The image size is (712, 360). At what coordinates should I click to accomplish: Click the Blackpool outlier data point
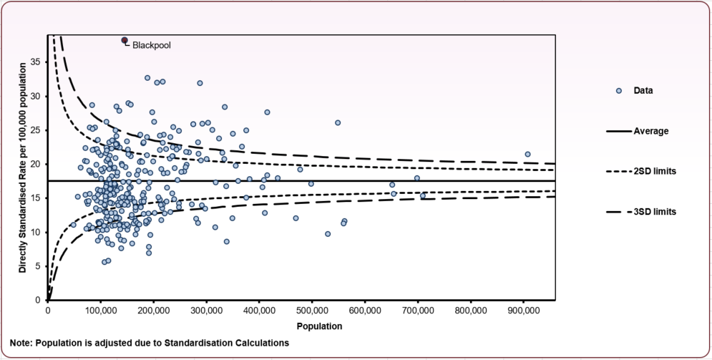coord(125,40)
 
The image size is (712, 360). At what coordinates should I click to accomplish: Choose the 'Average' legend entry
coord(650,131)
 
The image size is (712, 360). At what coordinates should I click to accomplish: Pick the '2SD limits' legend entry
coord(655,172)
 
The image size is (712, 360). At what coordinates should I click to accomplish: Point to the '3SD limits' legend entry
coord(655,212)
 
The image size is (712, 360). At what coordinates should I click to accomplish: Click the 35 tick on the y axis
coord(36,62)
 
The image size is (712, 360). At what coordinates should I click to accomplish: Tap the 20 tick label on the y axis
coord(36,164)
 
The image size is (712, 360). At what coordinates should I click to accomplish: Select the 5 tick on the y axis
coord(39,266)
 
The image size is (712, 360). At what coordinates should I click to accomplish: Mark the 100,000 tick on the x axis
coord(100,311)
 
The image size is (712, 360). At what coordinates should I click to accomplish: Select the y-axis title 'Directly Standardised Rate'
coord(23,167)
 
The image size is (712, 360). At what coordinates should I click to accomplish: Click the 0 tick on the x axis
coord(48,311)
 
